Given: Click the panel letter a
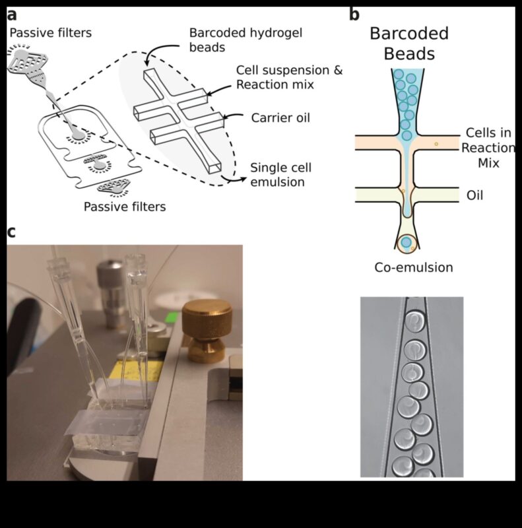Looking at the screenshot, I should (12, 14).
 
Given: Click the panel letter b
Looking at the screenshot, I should (354, 14).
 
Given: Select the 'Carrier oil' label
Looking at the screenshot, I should (280, 118).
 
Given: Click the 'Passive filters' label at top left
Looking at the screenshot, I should (51, 32).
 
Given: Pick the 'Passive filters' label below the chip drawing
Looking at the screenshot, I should (125, 207).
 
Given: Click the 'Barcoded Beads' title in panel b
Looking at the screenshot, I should (409, 43).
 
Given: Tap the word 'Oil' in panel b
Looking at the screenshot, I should (474, 195).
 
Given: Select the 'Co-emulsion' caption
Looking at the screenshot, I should (412, 267).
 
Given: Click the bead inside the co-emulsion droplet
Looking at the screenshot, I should (407, 243).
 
